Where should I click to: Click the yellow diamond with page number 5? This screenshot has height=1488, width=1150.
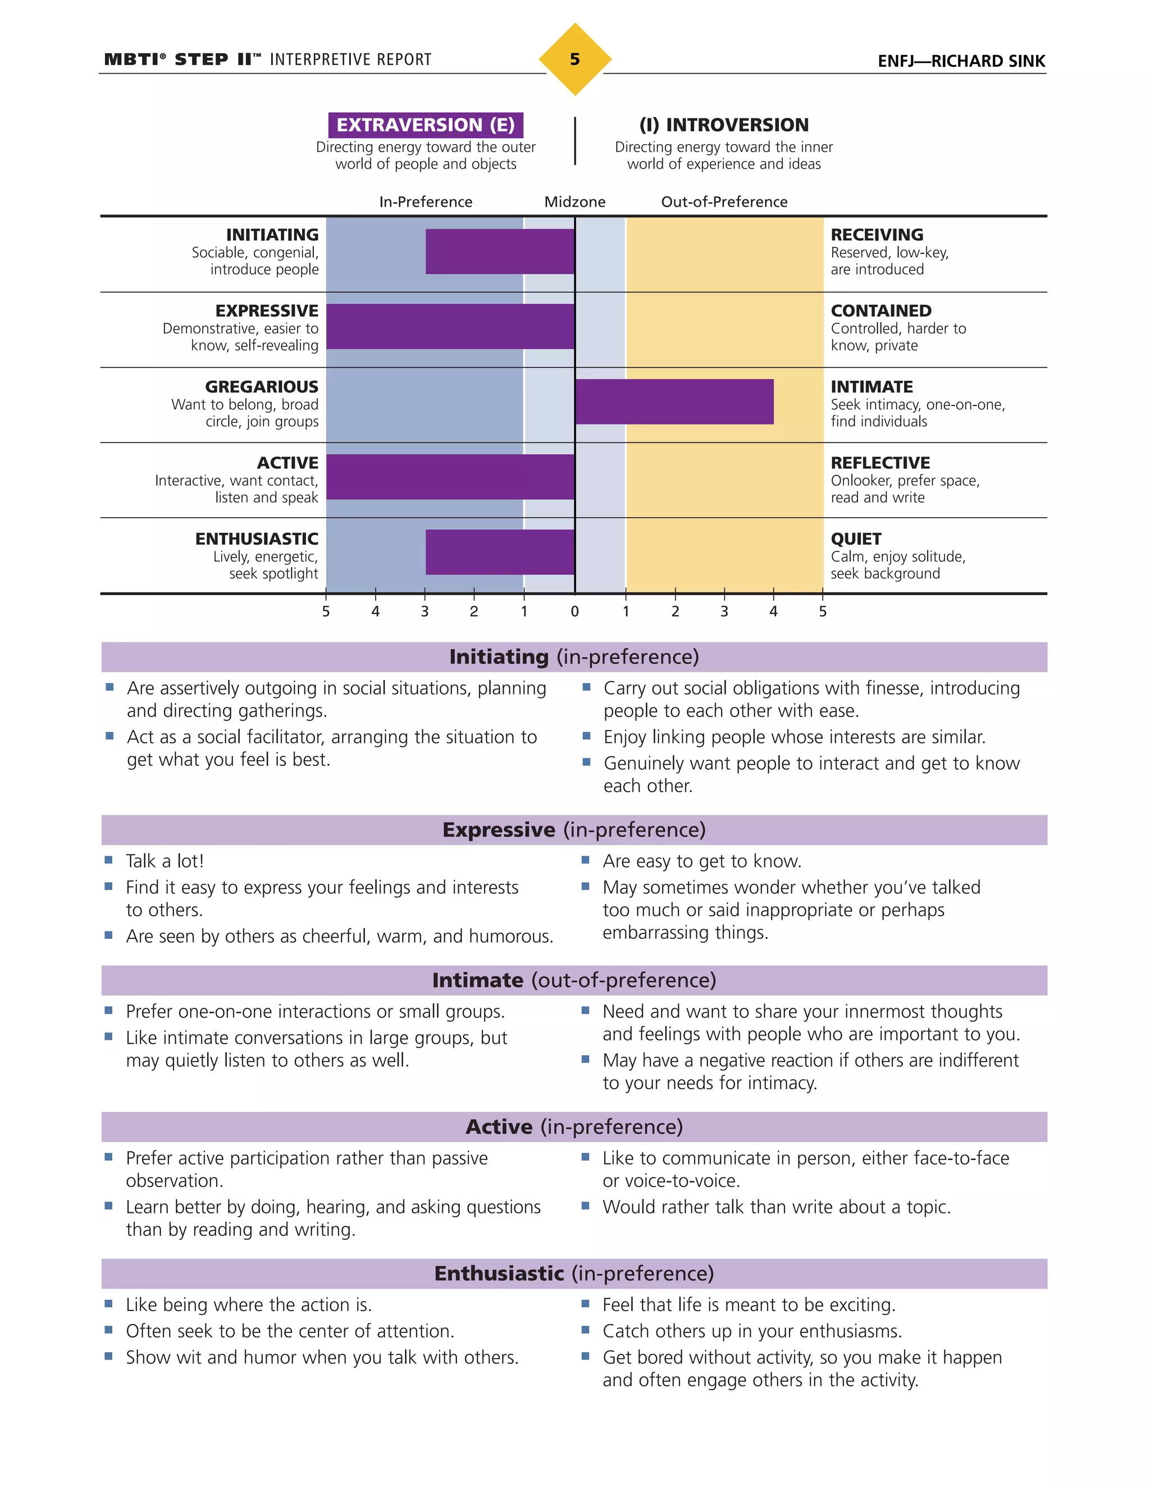click(x=574, y=60)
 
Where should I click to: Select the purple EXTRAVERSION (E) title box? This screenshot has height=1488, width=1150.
click(x=425, y=125)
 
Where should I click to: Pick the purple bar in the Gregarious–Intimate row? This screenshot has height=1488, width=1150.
click(x=674, y=401)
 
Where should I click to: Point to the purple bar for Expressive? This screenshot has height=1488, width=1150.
click(x=450, y=326)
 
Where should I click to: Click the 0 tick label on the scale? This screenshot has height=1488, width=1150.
click(x=574, y=611)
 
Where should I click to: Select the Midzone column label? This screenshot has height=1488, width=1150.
click(x=574, y=202)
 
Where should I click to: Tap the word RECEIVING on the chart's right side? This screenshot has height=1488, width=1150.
click(x=877, y=234)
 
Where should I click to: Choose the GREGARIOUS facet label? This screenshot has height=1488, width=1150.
click(x=262, y=386)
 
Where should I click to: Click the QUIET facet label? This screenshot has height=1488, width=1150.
click(x=856, y=539)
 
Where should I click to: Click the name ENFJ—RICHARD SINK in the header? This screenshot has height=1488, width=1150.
click(x=961, y=61)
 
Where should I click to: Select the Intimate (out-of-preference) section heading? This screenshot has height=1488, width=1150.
click(x=574, y=980)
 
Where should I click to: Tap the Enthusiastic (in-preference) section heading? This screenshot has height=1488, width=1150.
click(x=574, y=1273)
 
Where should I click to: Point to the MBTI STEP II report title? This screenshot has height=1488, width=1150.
click(x=267, y=60)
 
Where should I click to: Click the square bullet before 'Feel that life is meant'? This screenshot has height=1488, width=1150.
click(x=585, y=1303)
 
